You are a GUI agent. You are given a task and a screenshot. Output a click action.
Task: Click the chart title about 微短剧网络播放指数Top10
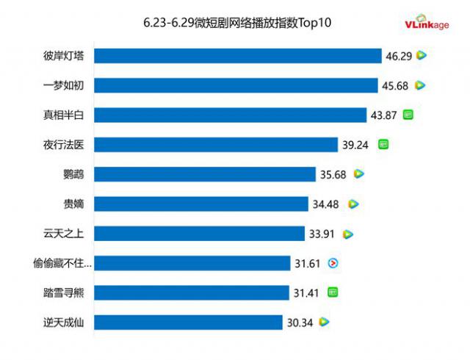(237, 23)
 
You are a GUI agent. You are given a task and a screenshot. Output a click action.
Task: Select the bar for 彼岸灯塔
(239, 56)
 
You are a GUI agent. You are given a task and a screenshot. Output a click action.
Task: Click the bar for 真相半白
(231, 115)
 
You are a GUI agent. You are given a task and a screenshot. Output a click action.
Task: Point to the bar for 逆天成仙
(189, 323)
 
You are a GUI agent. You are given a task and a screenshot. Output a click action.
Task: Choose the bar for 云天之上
(200, 234)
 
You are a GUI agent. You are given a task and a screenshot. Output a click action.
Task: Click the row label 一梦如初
(64, 85)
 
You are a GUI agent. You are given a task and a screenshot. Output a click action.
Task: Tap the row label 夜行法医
(64, 145)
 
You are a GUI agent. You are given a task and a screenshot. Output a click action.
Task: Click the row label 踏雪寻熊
(64, 293)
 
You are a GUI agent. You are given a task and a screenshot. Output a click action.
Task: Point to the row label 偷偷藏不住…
(63, 263)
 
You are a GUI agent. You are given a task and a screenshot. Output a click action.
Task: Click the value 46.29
(397, 55)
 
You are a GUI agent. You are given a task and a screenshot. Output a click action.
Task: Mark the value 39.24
(355, 145)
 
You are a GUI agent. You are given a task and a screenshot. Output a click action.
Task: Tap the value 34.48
(326, 204)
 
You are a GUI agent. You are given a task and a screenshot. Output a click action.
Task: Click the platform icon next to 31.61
(333, 263)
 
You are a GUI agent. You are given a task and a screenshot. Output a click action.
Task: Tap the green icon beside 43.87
(408, 115)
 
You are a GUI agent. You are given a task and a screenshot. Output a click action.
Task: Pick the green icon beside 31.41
(333, 292)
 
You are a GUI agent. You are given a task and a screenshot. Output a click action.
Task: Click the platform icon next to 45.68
(420, 85)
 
